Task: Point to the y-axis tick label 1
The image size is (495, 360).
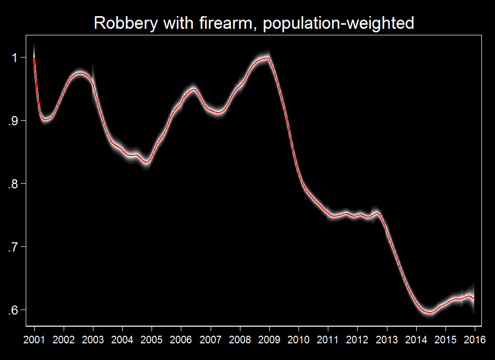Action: [15, 58]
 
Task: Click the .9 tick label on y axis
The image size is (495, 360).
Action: [14, 121]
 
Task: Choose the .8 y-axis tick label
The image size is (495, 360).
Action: [14, 184]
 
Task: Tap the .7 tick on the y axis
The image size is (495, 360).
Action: [14, 247]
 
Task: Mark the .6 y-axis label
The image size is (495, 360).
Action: [14, 310]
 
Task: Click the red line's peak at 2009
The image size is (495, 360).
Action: [267, 58]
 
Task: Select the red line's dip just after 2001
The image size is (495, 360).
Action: [45, 119]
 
